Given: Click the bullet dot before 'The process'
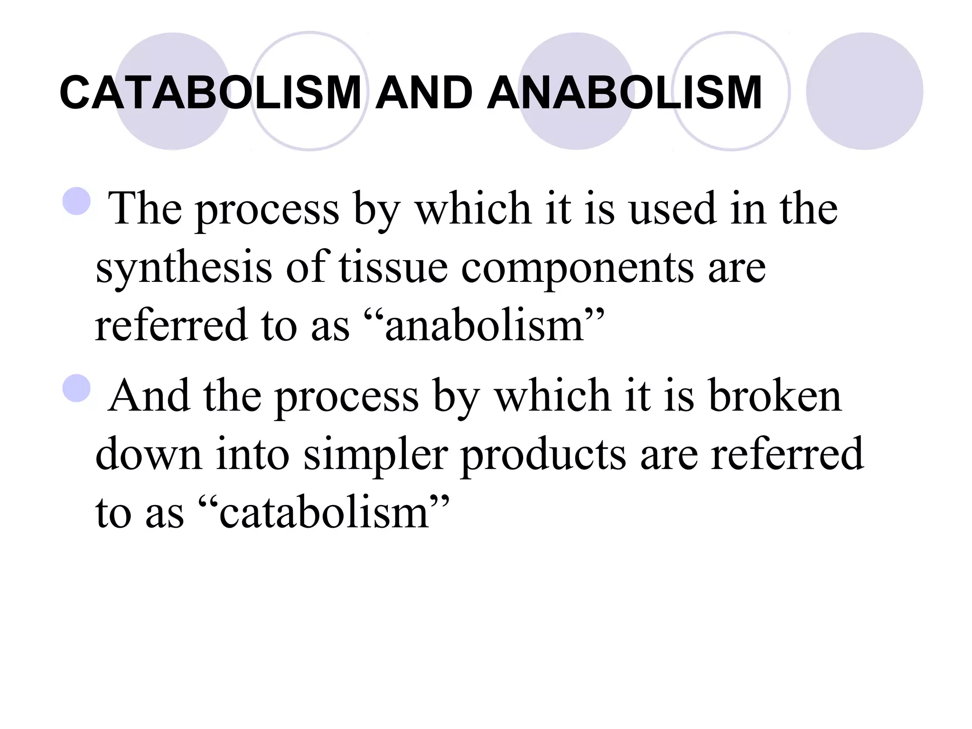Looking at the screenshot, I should coord(76,202).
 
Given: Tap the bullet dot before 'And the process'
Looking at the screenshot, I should coord(76,388).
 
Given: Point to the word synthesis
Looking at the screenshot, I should coord(184,268).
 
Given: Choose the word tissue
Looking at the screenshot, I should coord(393,268).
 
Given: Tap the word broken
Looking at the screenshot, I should coord(775,396).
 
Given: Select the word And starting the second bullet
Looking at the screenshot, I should coord(149,396).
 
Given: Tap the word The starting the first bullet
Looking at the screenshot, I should coord(145,209).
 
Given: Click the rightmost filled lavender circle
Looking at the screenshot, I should coord(864,91).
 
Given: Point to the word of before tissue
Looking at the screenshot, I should coord(307,268).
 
